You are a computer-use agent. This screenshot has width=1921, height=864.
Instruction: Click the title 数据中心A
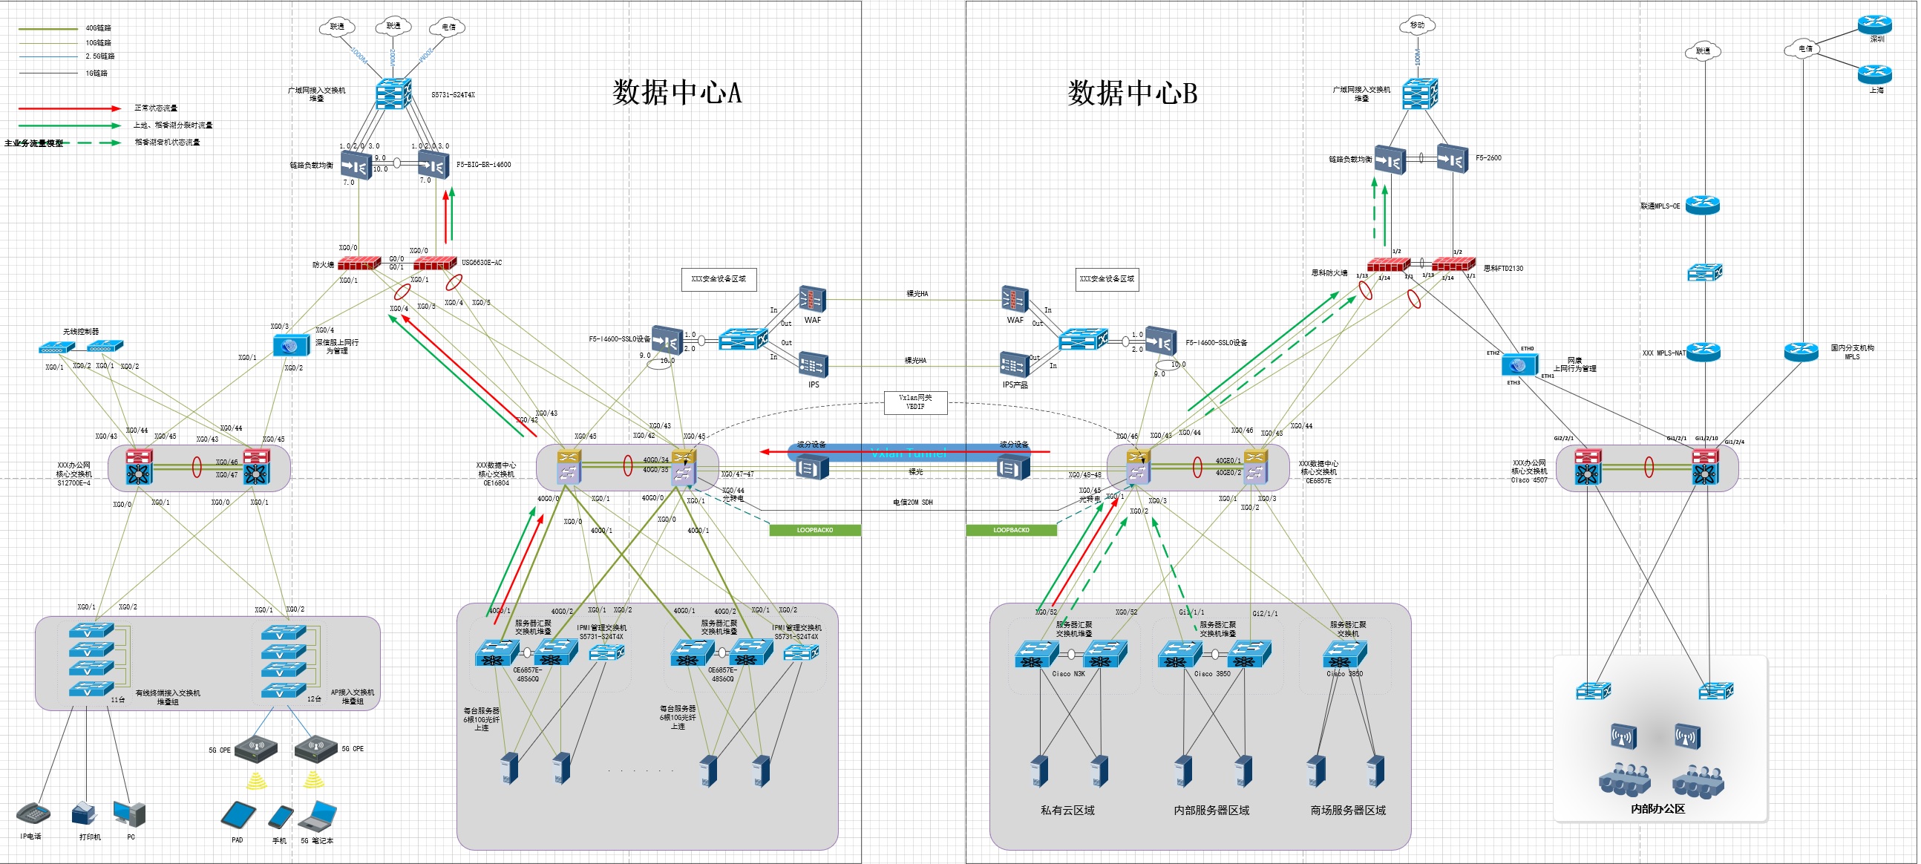(677, 93)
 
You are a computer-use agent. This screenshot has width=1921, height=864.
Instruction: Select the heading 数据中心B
(1132, 94)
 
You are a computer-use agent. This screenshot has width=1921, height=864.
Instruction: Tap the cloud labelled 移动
(1417, 25)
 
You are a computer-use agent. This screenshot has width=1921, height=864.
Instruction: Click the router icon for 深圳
(1875, 24)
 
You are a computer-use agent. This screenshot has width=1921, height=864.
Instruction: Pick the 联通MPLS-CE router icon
(1704, 205)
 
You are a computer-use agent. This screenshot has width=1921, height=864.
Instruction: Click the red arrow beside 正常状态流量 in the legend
(69, 109)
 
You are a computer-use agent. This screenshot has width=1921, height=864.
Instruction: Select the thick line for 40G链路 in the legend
(48, 28)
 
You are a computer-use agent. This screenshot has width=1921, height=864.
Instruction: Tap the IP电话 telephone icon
(33, 813)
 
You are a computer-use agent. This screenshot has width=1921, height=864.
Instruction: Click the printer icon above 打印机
(85, 814)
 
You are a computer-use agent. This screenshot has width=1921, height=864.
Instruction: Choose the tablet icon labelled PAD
(238, 815)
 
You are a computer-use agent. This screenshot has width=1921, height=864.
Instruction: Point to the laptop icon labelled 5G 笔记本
(318, 816)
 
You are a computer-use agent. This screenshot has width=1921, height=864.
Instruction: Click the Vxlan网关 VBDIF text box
(915, 402)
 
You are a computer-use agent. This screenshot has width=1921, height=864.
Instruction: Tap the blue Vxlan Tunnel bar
(909, 453)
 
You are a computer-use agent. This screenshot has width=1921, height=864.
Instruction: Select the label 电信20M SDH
(913, 503)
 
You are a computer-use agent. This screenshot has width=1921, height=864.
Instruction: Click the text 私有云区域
(1067, 811)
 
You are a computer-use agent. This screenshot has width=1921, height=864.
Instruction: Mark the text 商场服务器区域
(1347, 811)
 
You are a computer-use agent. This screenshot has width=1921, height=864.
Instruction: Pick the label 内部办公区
(1657, 809)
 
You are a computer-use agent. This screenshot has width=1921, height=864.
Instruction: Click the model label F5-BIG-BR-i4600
(483, 165)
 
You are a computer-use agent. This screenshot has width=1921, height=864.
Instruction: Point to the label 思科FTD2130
(1502, 269)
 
